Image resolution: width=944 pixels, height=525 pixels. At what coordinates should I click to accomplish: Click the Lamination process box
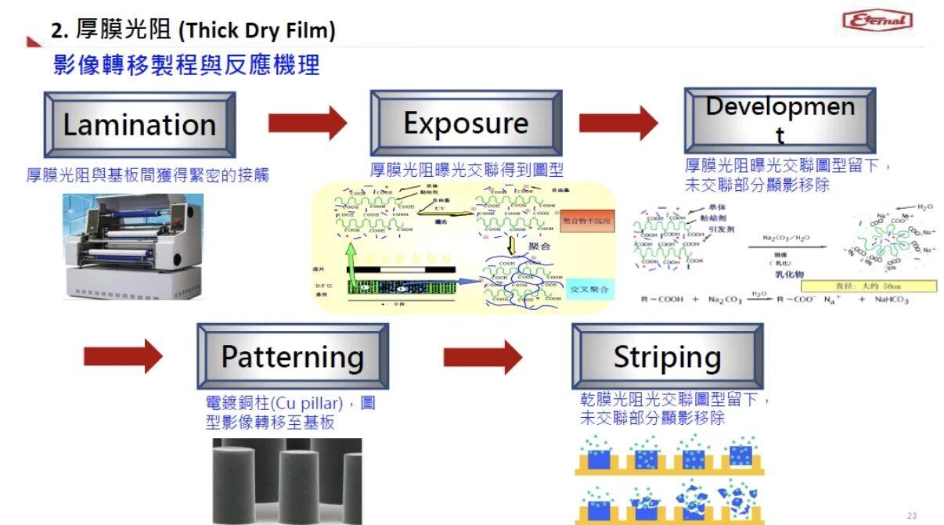139,124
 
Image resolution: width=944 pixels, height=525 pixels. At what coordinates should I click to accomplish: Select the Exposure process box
466,123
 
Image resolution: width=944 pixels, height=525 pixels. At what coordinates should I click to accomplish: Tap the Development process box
780,120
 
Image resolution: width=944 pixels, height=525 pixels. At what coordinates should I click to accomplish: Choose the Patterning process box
292,357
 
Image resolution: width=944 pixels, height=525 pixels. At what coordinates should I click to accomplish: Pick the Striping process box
667,357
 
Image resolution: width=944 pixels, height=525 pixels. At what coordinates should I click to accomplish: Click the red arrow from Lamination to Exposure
307,123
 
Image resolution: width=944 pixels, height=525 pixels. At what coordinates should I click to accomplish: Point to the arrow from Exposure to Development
618,123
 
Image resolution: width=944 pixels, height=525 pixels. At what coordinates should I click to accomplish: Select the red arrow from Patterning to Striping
482,358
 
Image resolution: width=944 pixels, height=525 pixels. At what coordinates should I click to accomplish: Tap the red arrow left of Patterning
123,358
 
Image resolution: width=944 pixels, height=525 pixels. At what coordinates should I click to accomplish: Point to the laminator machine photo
133,246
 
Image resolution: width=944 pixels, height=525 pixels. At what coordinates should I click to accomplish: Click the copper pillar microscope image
286,480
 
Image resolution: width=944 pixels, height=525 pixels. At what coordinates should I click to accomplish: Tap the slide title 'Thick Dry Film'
193,31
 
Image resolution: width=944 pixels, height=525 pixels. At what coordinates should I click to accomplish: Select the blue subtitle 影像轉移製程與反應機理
186,65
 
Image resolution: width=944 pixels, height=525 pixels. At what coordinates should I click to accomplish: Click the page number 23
911,516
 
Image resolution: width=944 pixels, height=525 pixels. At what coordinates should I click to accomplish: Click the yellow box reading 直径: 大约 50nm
868,286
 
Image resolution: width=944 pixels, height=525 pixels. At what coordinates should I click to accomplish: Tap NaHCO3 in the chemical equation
892,300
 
